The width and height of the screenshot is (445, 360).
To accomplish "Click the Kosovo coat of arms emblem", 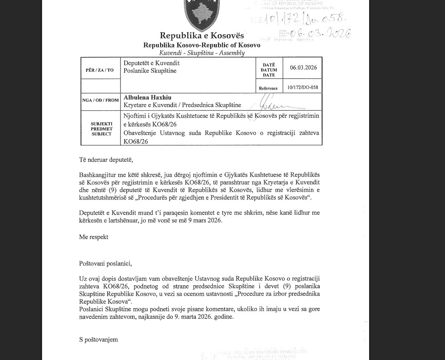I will click(202, 14).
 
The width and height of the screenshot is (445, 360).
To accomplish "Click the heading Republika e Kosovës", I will click(202, 36).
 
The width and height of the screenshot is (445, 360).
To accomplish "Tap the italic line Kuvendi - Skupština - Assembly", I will click(202, 53).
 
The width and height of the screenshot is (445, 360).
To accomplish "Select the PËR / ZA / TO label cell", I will click(100, 70).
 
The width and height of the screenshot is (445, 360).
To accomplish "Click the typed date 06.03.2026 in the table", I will click(303, 67).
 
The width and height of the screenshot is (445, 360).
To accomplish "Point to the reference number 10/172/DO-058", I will click(303, 88).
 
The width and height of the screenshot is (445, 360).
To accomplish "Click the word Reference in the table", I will click(268, 88).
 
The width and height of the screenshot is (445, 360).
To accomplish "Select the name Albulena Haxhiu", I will click(148, 98).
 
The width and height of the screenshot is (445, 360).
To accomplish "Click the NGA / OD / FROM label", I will click(100, 100).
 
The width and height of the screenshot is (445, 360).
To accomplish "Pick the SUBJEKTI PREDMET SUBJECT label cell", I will click(101, 129).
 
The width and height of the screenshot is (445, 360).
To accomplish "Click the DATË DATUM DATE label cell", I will click(269, 70).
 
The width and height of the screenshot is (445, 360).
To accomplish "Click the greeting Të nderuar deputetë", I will click(106, 160).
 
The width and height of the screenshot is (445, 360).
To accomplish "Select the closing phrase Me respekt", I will click(94, 237).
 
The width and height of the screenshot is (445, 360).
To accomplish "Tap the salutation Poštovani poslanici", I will click(105, 263).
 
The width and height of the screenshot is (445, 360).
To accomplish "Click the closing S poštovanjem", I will click(99, 340).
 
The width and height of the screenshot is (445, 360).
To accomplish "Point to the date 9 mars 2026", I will click(205, 220).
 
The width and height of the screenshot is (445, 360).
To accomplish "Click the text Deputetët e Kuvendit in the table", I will click(151, 63).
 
